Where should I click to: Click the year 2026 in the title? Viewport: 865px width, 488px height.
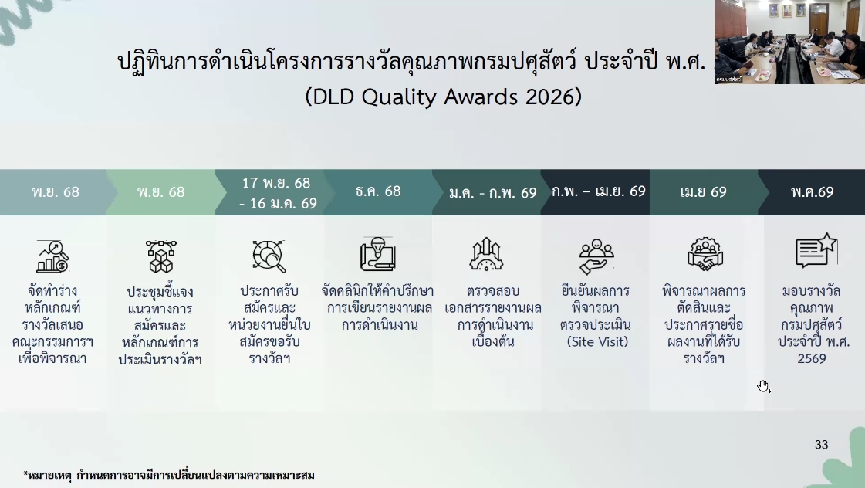click(x=549, y=97)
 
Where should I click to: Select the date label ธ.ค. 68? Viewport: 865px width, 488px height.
click(x=378, y=191)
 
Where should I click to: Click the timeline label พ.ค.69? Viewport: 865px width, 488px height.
click(x=812, y=192)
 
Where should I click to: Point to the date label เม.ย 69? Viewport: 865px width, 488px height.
click(x=704, y=192)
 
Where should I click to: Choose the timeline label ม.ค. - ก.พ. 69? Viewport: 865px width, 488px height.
click(x=492, y=193)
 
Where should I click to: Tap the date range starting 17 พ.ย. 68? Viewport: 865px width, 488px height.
click(x=278, y=193)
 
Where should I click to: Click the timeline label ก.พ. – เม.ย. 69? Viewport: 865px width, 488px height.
click(x=599, y=191)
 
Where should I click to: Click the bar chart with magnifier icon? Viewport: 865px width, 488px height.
click(x=52, y=256)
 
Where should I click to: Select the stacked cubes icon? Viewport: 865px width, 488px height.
click(x=161, y=256)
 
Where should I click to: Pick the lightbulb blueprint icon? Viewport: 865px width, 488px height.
click(x=378, y=254)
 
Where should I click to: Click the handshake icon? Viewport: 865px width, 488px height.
click(x=705, y=255)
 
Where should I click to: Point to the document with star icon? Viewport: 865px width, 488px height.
click(x=816, y=250)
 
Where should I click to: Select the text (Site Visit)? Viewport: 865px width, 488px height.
click(x=597, y=342)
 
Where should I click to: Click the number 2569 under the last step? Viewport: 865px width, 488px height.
click(x=812, y=359)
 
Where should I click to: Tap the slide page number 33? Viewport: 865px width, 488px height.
click(x=822, y=445)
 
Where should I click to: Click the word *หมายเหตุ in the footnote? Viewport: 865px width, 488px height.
click(x=47, y=476)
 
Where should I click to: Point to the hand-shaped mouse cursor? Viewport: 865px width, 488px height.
click(x=763, y=386)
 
